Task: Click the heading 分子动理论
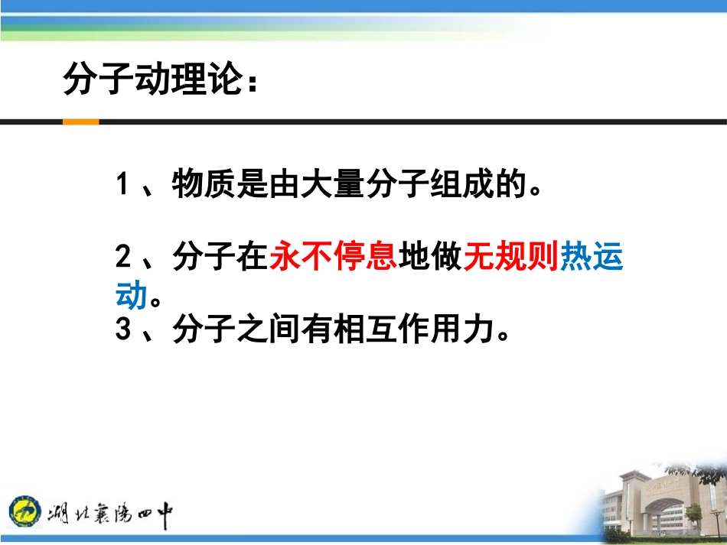click(x=153, y=80)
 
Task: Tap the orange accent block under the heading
click(x=80, y=122)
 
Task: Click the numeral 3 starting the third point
click(x=122, y=330)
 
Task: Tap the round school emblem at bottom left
click(x=25, y=511)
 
